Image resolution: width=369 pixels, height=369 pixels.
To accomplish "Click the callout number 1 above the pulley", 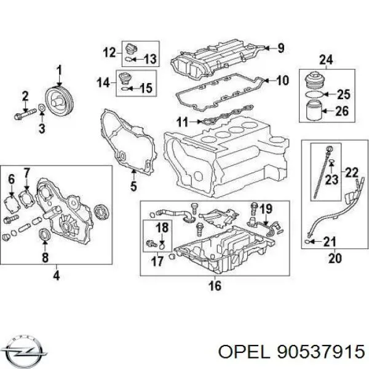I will [x=60, y=69].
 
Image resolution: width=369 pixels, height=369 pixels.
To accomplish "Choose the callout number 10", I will [x=282, y=80].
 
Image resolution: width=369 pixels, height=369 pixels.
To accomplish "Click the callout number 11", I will [x=180, y=122].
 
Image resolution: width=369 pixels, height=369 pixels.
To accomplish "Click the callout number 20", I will [x=335, y=259].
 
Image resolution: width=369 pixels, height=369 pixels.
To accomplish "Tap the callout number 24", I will [x=325, y=60].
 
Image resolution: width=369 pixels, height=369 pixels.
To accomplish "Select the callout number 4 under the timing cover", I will [x=56, y=276].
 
